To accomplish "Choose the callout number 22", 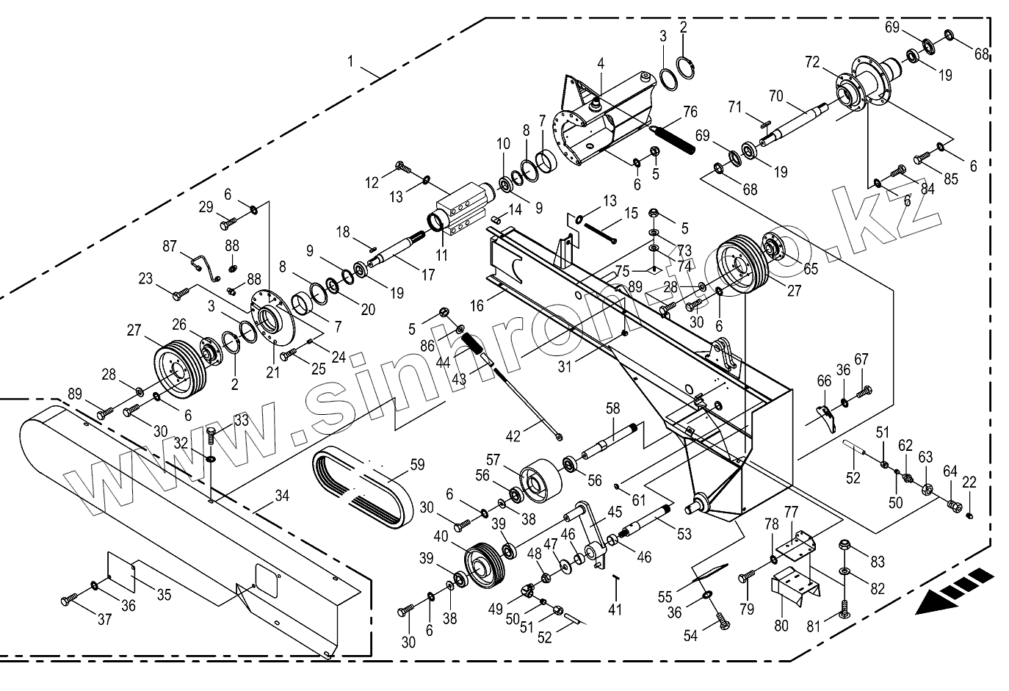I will pyautogui.click(x=969, y=482).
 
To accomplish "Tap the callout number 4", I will pyautogui.click(x=601, y=64).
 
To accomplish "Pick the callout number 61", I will pyautogui.click(x=637, y=499).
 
